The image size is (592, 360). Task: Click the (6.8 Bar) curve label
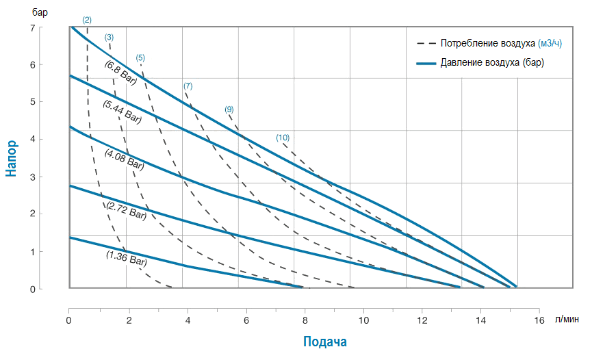pos(120,72)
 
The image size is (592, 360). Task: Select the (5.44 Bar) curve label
pos(122,112)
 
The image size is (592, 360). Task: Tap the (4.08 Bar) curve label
pos(124,159)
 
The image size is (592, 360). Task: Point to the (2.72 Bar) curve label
pos(127,210)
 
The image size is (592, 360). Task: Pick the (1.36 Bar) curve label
pos(127,258)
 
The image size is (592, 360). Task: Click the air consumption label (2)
pos(87,20)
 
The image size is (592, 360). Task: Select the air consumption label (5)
pos(140,57)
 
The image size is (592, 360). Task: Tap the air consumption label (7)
pos(188,86)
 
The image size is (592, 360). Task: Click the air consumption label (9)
pos(229,110)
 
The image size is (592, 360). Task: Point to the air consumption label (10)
pos(283,138)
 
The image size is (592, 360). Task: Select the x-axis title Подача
pos(325,342)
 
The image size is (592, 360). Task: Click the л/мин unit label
pos(567,320)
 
